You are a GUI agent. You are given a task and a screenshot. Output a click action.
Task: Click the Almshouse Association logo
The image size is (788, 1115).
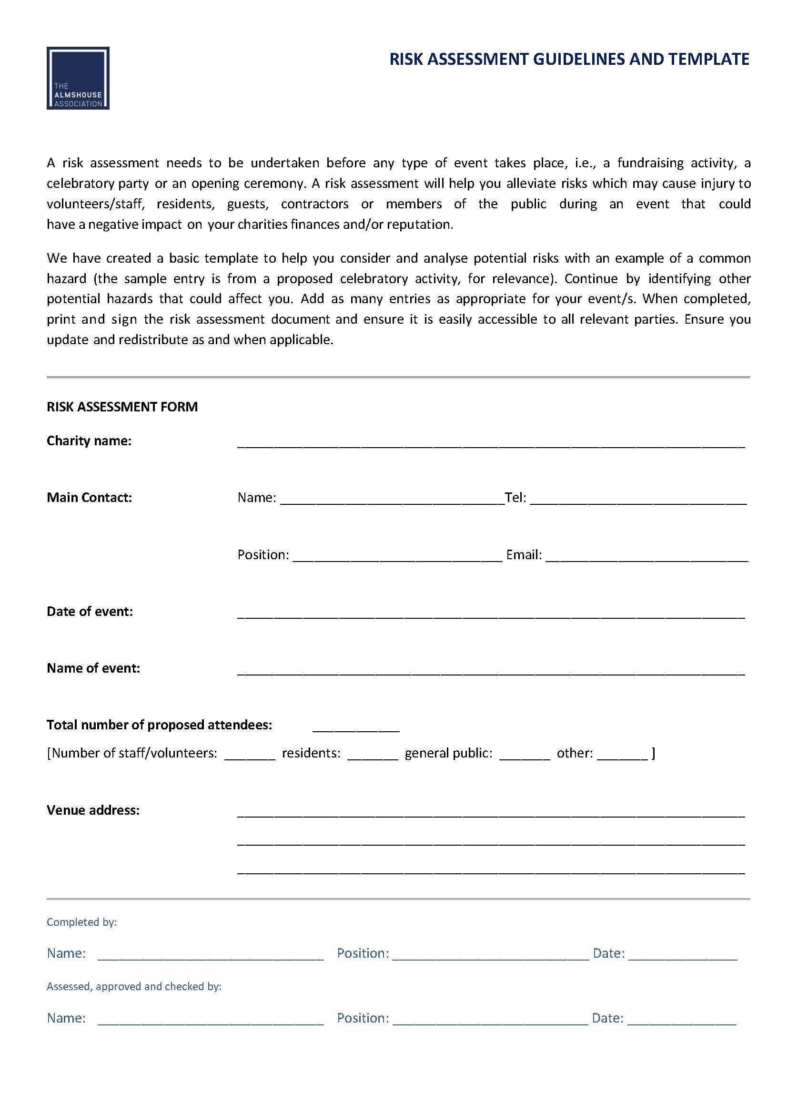(78, 78)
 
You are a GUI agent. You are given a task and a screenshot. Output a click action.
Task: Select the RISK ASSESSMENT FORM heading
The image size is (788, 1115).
(122, 407)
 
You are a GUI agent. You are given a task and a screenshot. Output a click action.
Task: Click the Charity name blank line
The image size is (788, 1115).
(491, 443)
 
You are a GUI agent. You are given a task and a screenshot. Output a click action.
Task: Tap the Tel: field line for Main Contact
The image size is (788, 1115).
(638, 500)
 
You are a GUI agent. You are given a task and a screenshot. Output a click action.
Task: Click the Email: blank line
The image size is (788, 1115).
(647, 557)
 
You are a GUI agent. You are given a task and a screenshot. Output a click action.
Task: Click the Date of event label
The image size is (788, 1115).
(89, 611)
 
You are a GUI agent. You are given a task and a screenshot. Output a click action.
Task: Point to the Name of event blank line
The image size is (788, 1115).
(491, 671)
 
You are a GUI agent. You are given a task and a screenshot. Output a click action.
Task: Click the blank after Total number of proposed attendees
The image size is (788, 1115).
(356, 727)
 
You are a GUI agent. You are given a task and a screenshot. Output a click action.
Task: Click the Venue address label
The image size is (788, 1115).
(93, 810)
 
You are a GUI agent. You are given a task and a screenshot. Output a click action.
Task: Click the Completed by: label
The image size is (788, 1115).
(81, 922)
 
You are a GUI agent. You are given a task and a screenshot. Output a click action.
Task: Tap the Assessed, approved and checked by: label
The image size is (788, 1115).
(134, 986)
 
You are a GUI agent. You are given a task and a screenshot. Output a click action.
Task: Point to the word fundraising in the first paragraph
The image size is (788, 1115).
(650, 163)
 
